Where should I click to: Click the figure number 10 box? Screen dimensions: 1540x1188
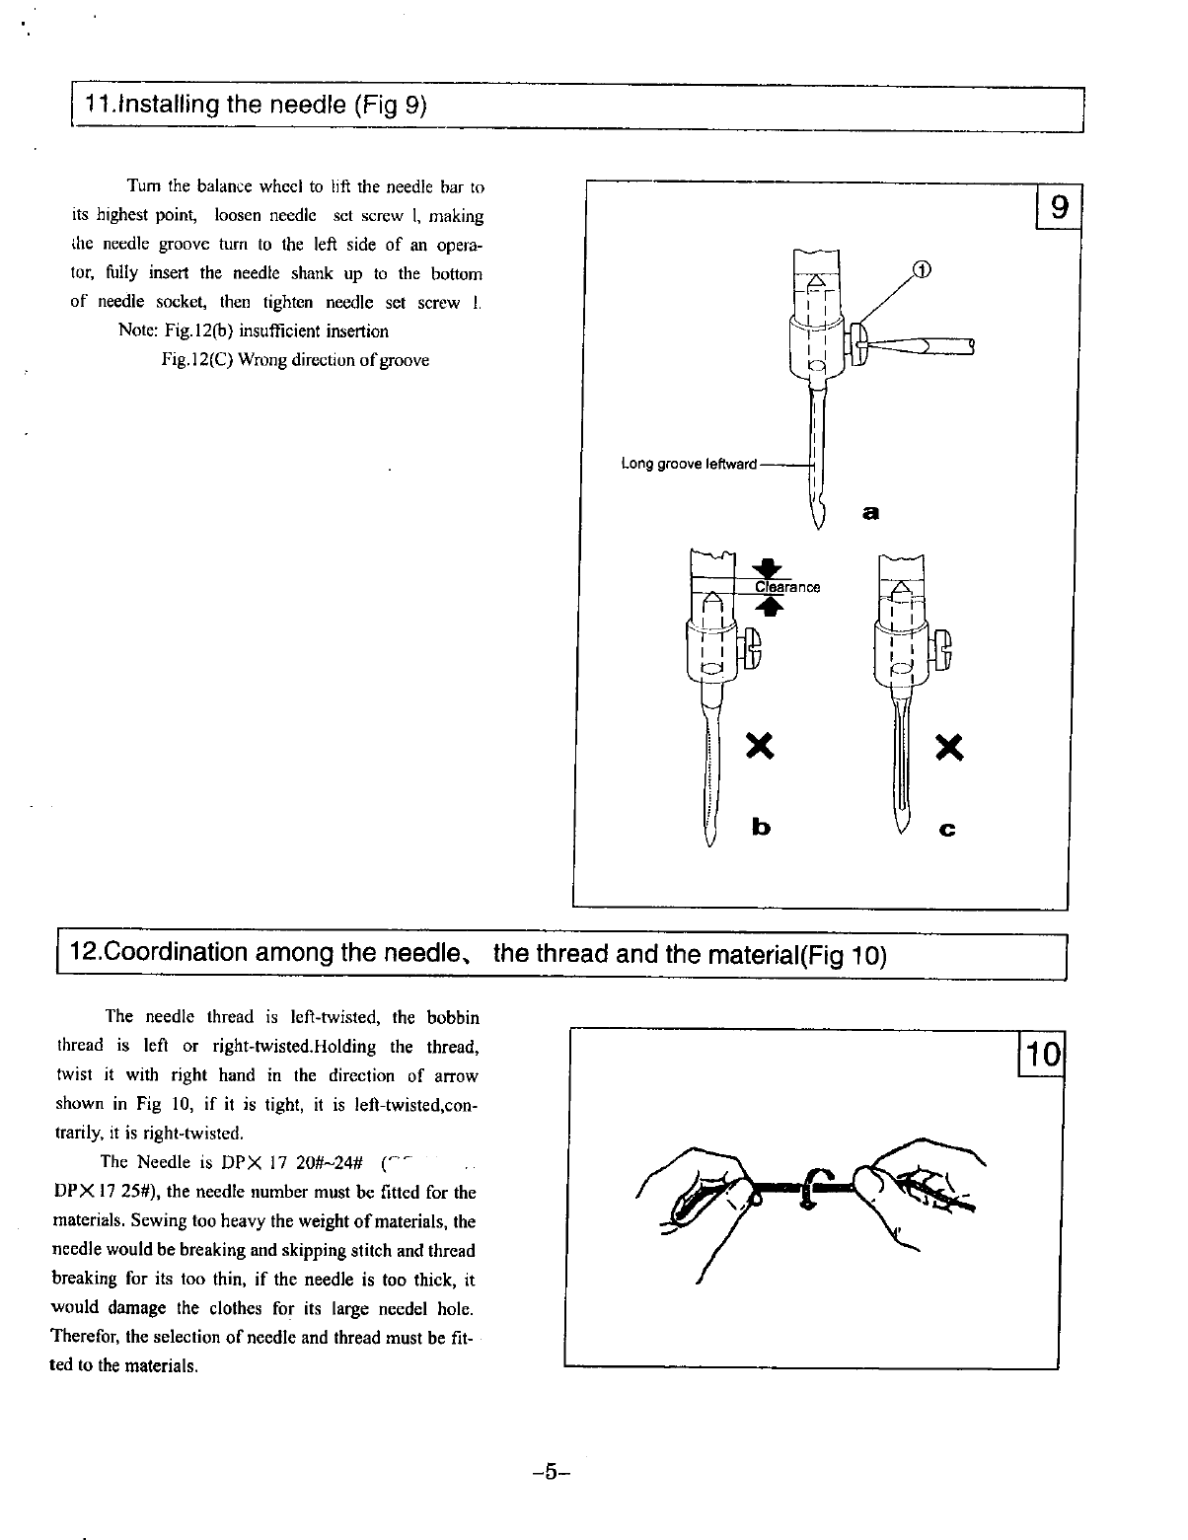(x=1041, y=1057)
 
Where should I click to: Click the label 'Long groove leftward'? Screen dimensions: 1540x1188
(x=689, y=464)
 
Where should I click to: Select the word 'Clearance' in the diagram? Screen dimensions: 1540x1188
(x=787, y=588)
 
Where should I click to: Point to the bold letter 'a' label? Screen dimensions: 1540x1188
(x=869, y=512)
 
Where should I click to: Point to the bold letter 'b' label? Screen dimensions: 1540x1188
(x=760, y=826)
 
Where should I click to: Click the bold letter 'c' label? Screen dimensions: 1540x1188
(x=947, y=830)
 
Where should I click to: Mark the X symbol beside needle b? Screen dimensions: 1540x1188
(x=758, y=747)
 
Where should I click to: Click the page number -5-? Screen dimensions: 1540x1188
(x=544, y=1474)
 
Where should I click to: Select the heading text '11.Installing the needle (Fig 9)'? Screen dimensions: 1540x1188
(x=257, y=105)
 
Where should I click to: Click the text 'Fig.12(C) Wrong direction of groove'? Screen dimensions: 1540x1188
(x=295, y=360)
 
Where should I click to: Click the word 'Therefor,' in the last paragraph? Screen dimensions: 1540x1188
(x=87, y=1338)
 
